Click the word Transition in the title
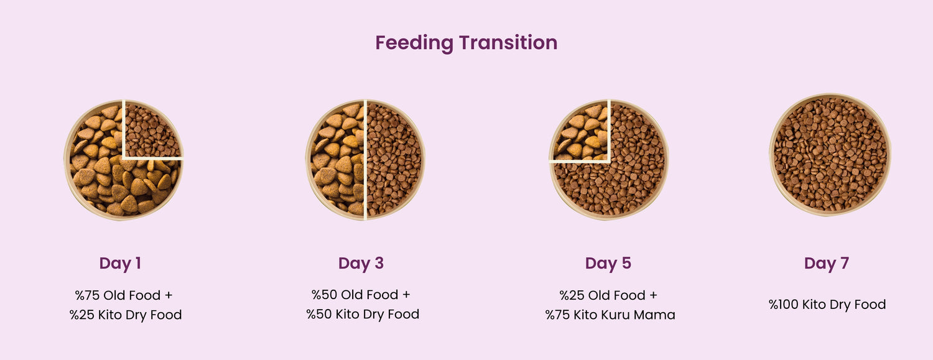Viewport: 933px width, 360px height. [508, 42]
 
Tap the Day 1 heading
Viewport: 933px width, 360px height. [120, 264]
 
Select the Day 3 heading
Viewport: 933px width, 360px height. [361, 264]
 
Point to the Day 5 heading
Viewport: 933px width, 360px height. [608, 264]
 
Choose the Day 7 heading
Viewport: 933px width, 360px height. [827, 264]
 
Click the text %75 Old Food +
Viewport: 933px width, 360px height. [124, 295]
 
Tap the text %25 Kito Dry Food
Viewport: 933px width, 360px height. [126, 315]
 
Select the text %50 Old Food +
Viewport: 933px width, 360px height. [361, 295]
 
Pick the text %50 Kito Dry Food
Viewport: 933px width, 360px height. [363, 314]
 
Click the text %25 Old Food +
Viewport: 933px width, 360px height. [608, 295]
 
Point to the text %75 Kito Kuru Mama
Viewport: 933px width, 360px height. [610, 315]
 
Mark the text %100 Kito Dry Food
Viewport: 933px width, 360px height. [827, 304]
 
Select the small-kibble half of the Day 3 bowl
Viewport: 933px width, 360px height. [394, 160]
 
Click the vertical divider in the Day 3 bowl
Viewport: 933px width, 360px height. [365, 160]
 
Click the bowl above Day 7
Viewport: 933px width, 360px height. [830, 155]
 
